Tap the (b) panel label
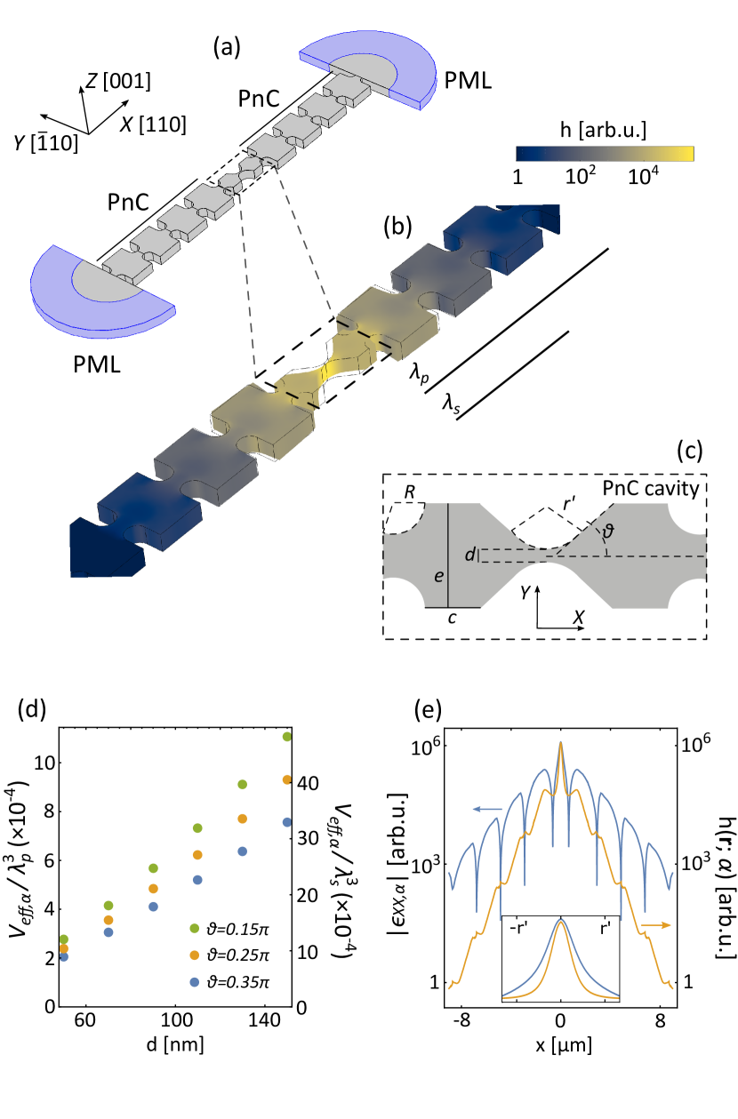pyautogui.click(x=397, y=227)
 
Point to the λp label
pyautogui.click(x=418, y=374)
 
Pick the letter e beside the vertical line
pyautogui.click(x=437, y=576)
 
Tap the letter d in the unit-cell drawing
pyautogui.click(x=470, y=556)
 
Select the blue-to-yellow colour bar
pyautogui.click(x=604, y=155)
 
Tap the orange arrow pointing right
pyautogui.click(x=656, y=925)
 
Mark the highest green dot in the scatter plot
pyautogui.click(x=286, y=737)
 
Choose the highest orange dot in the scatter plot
pyautogui.click(x=286, y=779)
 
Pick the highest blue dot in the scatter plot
pyautogui.click(x=286, y=823)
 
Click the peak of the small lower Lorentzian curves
pyautogui.click(x=560, y=923)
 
